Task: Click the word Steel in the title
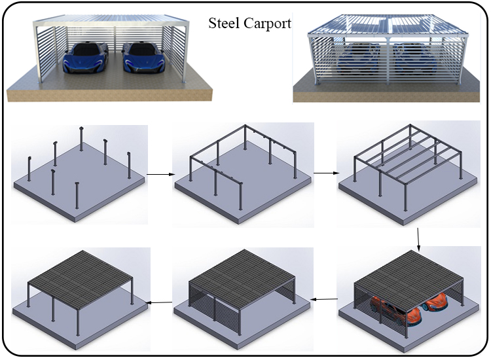pyautogui.click(x=224, y=24)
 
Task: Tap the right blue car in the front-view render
pyautogui.click(x=142, y=57)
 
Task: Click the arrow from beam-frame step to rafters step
pyautogui.click(x=325, y=173)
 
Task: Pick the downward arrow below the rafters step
pyautogui.click(x=418, y=240)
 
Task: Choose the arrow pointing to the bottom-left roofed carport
pyautogui.click(x=159, y=302)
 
